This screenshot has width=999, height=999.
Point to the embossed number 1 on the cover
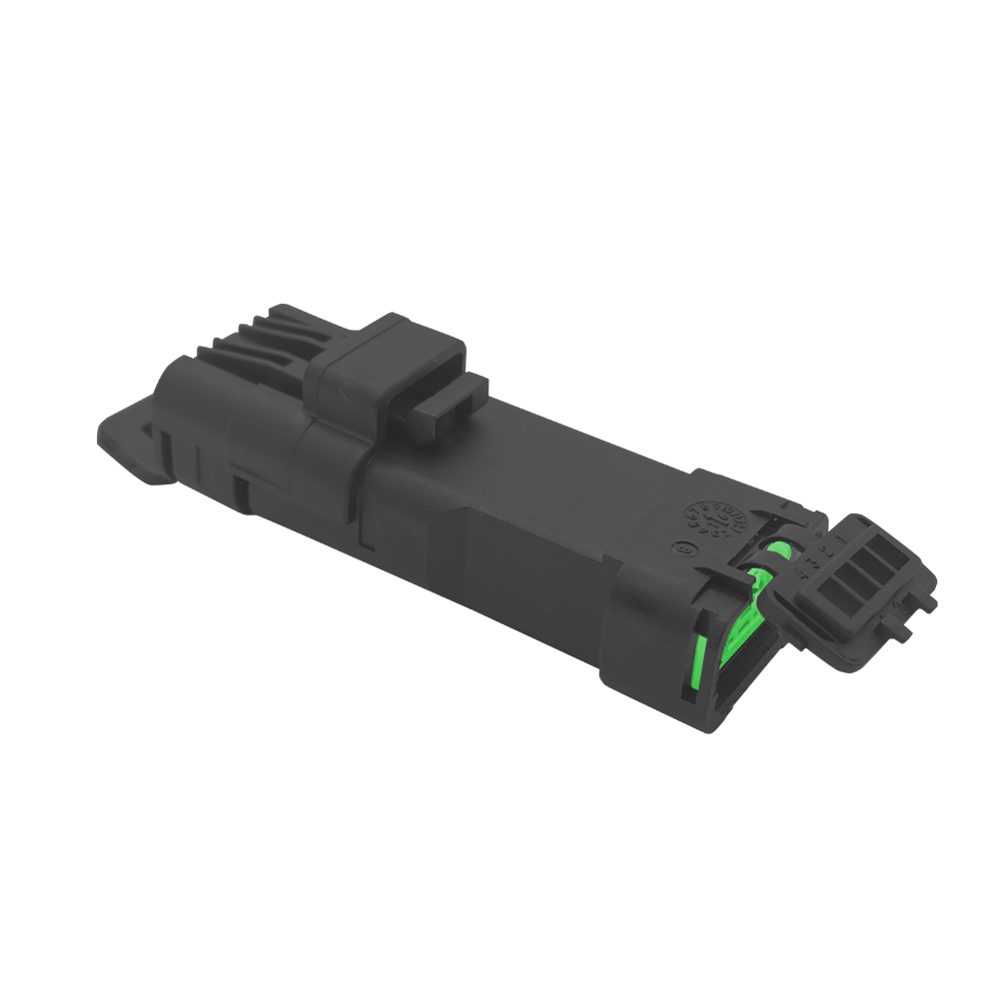click(839, 537)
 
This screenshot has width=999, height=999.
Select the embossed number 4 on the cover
click(803, 573)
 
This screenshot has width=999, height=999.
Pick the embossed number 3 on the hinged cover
click(814, 561)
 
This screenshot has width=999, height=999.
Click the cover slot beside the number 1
click(886, 550)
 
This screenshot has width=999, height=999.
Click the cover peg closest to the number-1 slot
click(924, 600)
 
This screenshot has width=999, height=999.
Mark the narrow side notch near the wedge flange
click(241, 490)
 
